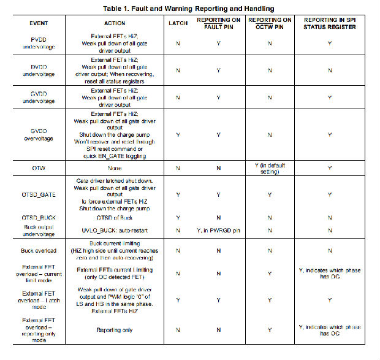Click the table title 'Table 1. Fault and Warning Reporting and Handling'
(189, 8)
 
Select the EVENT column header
(43, 23)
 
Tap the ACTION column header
(111, 23)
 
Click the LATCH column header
(178, 23)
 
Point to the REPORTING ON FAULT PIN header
(219, 23)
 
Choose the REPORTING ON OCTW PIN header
(270, 23)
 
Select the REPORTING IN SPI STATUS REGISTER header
(330, 23)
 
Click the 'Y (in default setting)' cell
(270, 167)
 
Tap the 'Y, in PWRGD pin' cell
(219, 230)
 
